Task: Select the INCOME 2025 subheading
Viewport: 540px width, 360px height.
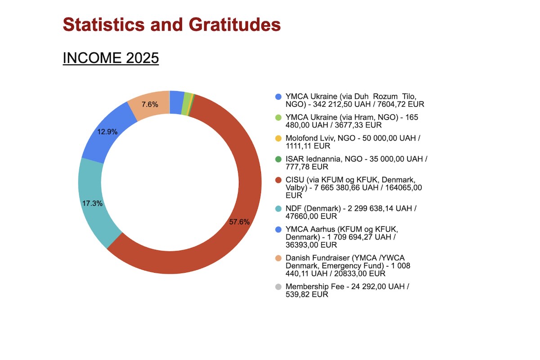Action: [111, 58]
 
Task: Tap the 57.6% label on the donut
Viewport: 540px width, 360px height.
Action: [239, 222]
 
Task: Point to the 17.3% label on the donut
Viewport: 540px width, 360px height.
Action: [92, 203]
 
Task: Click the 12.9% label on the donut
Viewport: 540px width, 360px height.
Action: [108, 132]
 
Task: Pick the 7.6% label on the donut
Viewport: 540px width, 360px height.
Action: [150, 104]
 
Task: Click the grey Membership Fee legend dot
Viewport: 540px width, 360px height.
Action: [278, 287]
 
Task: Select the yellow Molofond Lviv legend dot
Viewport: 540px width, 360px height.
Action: [278, 138]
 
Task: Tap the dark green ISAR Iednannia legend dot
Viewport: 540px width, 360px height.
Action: [278, 159]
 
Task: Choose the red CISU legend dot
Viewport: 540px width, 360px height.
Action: [278, 180]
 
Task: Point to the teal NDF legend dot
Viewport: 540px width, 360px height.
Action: [278, 208]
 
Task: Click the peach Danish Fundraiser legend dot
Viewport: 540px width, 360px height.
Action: [278, 258]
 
